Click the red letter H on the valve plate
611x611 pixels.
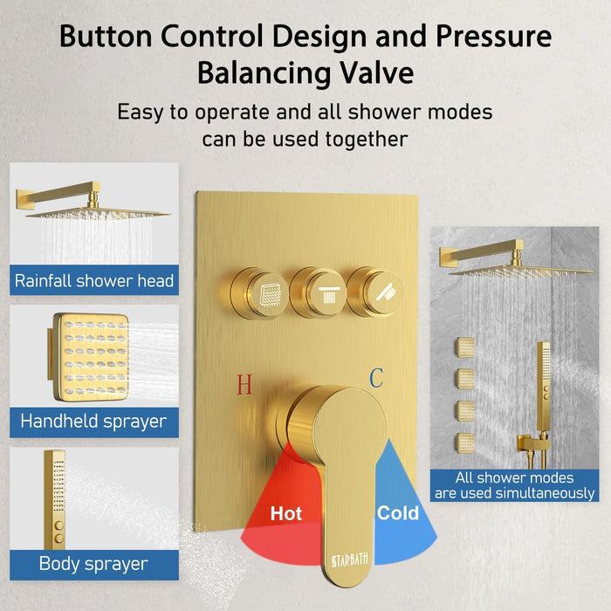pos(244,384)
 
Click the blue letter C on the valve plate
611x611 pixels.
pos(376,378)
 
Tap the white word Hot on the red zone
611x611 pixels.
pos(286,513)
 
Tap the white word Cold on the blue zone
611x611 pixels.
pos(398,513)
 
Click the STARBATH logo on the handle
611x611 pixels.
pos(349,560)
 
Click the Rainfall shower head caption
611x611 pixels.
pos(94,280)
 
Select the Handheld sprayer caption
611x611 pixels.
pos(93,422)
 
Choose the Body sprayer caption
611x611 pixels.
pos(93,564)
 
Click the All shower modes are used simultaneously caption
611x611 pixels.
pos(514,485)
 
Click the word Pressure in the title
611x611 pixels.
pos(493,37)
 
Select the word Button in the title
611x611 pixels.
pos(106,37)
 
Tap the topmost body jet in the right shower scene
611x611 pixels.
pos(465,347)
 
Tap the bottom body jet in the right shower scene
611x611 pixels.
pos(465,443)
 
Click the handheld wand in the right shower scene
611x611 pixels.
pos(543,386)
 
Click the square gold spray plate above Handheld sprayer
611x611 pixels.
pos(91,357)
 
